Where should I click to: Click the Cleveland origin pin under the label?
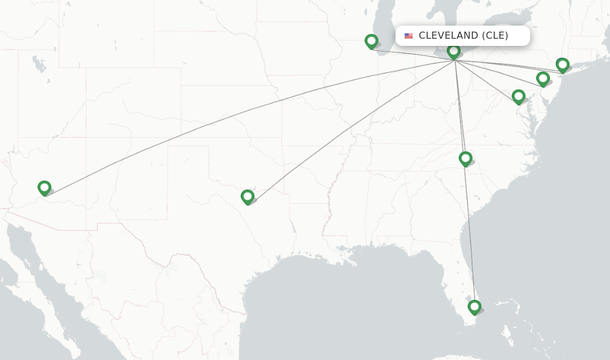coord(454,51)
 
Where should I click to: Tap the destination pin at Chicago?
coord(371,41)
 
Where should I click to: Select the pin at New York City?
coord(562,64)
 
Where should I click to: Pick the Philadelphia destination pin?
coord(543,78)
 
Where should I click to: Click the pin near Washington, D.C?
coord(518,96)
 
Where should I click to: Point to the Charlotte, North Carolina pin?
coord(465,158)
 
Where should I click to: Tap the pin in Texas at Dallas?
coord(247,196)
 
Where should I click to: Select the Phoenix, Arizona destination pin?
coord(44,188)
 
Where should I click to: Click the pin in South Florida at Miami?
coord(474,307)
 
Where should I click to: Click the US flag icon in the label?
coord(409,36)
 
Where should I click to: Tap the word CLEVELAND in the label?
coord(448,36)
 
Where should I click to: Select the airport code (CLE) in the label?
coord(495,36)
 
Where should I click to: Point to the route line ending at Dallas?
coord(351,128)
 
